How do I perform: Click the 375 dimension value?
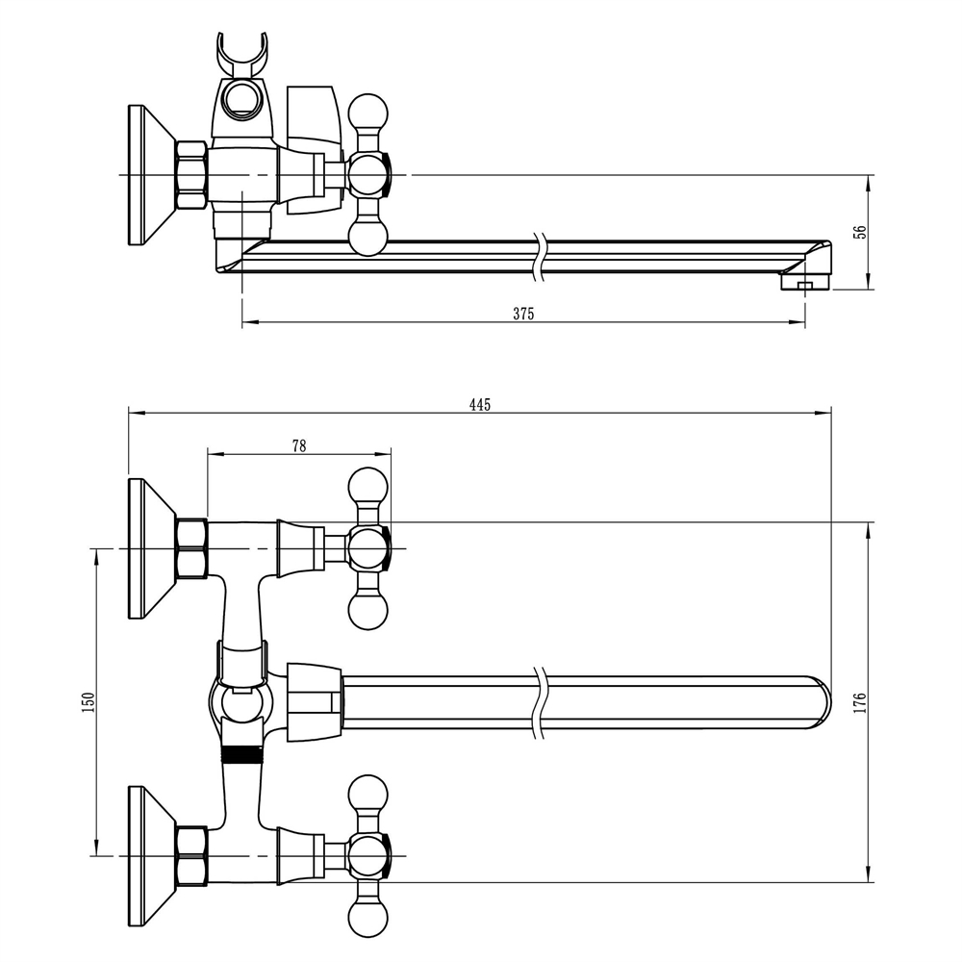point(523,314)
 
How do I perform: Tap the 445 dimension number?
point(480,404)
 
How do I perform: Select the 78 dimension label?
point(299,445)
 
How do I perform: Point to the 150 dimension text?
point(89,701)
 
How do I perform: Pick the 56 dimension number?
point(861,231)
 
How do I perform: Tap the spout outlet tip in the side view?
point(804,283)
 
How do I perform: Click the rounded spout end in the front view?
point(819,702)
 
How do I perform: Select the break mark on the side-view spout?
point(540,257)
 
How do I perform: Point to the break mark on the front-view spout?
point(540,702)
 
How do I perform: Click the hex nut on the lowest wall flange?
point(191,855)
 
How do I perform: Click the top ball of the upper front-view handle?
point(368,487)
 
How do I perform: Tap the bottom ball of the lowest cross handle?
point(368,917)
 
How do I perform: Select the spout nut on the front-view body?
point(314,702)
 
